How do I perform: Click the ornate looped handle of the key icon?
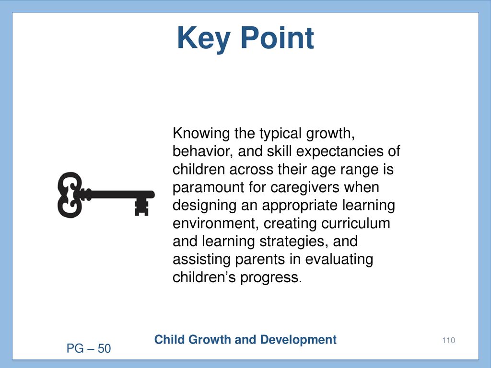(x=70, y=195)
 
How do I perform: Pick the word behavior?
(x=203, y=151)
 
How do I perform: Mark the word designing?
(x=204, y=206)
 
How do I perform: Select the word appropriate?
(x=300, y=206)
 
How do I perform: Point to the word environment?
(x=216, y=224)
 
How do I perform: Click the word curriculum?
(x=356, y=223)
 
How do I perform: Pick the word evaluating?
(x=339, y=260)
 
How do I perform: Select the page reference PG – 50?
(x=89, y=349)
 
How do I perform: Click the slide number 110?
(x=449, y=340)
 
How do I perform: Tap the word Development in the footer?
(x=298, y=340)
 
